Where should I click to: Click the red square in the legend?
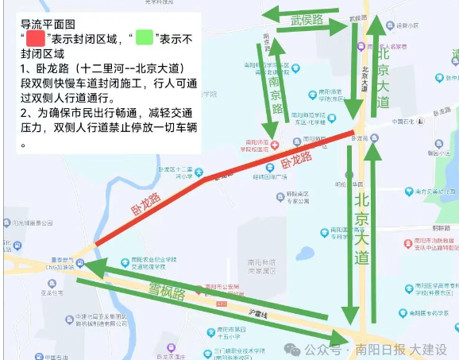coord(37,37)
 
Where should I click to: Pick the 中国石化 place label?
coord(405,122)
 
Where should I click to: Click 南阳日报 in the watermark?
coord(381,349)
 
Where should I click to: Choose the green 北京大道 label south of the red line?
coord(362,226)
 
